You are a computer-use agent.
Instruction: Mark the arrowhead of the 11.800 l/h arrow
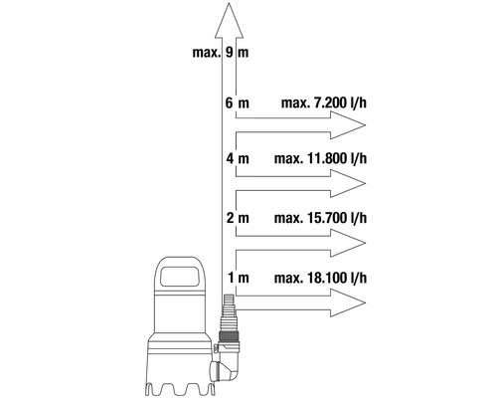click(349, 183)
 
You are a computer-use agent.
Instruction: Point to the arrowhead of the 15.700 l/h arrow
click(349, 241)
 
